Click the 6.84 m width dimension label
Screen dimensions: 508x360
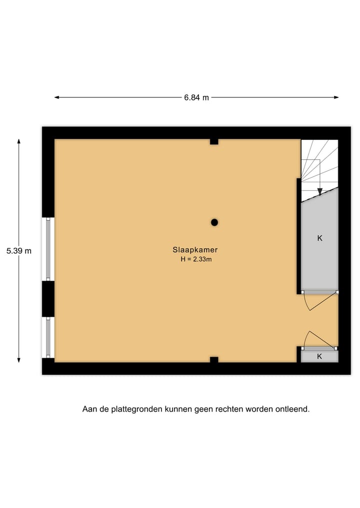196,98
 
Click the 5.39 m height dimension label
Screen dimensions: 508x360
19,251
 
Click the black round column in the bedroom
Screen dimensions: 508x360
214,222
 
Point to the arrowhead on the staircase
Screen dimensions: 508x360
320,191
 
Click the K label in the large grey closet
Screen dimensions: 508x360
319,238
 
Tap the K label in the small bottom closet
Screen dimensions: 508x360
319,356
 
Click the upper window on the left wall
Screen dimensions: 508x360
48,249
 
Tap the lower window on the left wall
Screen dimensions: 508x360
48,337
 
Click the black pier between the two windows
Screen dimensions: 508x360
48,299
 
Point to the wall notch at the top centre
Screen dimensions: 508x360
214,142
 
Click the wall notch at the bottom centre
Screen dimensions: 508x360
214,359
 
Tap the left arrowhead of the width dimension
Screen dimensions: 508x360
57,97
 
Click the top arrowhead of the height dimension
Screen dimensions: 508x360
19,141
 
